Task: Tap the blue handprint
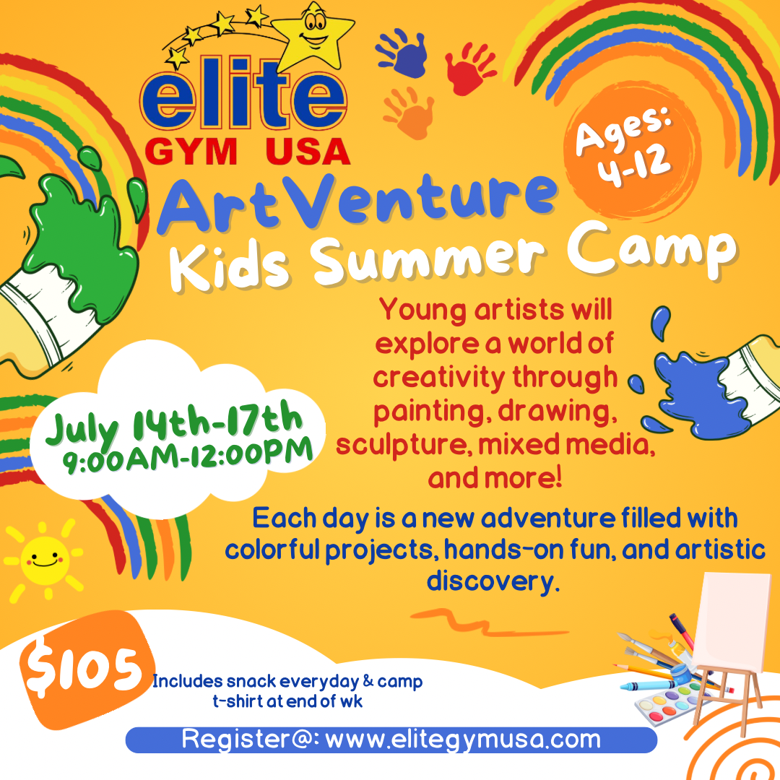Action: click(x=404, y=53)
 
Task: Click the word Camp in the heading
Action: click(x=651, y=251)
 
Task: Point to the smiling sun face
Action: click(x=44, y=560)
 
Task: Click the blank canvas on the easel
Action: click(x=731, y=622)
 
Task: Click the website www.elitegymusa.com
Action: click(x=463, y=740)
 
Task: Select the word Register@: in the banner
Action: click(x=250, y=739)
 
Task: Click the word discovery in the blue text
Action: click(x=493, y=581)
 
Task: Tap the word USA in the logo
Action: click(x=308, y=151)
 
